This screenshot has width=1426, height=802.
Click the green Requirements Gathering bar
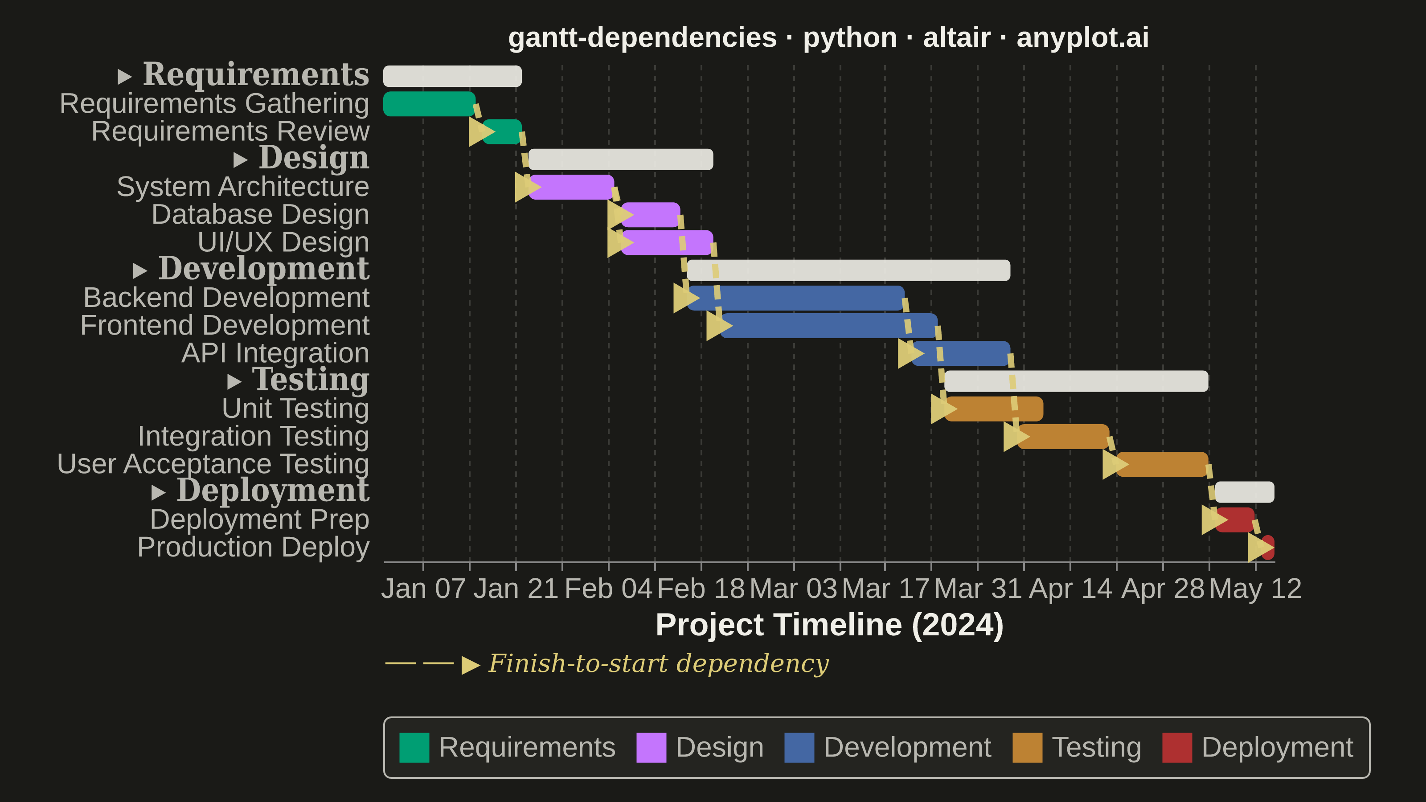click(x=429, y=104)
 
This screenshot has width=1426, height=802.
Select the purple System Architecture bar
click(x=571, y=187)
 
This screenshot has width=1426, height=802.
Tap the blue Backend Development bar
click(x=796, y=298)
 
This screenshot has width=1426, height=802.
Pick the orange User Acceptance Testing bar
click(x=1162, y=464)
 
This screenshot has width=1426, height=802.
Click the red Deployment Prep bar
click(x=1235, y=520)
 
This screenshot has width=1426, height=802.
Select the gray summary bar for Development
click(x=848, y=270)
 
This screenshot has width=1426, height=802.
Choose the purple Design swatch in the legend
click(x=651, y=748)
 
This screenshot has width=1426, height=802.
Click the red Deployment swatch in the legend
click(x=1177, y=748)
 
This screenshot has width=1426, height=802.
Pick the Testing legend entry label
click(x=1096, y=748)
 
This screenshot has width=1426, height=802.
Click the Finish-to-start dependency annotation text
click(x=659, y=663)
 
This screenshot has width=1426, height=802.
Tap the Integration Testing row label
click(x=254, y=436)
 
